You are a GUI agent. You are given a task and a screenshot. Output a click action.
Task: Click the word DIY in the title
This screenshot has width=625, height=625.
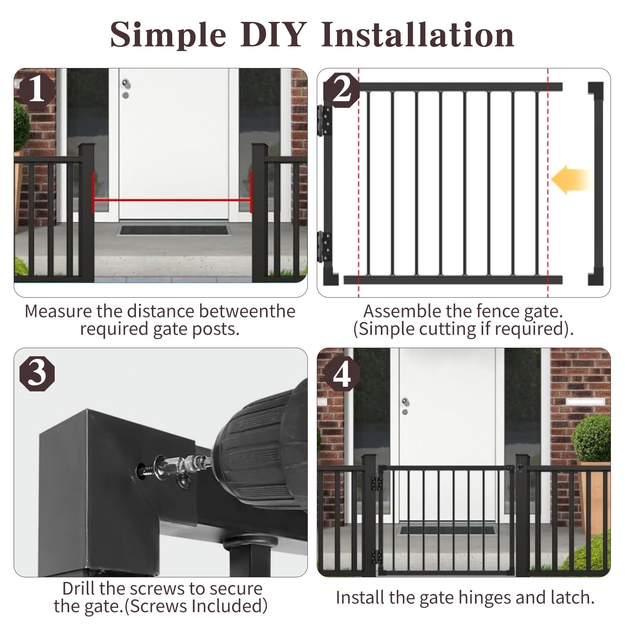tap(273, 35)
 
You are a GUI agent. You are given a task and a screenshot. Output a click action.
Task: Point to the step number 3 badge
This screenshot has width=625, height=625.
tap(37, 373)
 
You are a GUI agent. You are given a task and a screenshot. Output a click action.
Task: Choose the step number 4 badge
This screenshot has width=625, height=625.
tap(341, 373)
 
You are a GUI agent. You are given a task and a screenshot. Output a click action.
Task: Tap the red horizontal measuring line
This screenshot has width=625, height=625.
tap(172, 200)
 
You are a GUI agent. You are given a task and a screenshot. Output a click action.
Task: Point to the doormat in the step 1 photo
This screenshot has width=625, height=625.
tap(174, 229)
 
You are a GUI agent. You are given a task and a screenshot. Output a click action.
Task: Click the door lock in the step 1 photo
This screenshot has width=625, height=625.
tap(125, 89)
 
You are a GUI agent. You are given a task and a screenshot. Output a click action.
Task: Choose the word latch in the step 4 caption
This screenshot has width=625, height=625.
tap(572, 598)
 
